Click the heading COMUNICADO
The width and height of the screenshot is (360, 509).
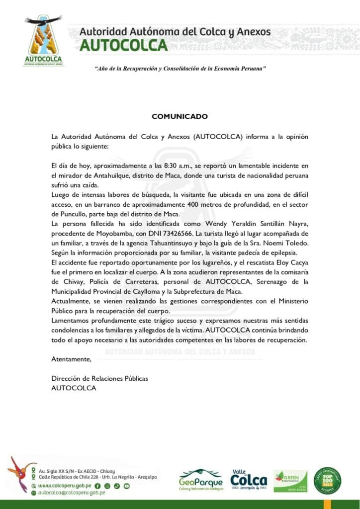pos(180,116)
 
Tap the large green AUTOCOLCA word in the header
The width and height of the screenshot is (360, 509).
pos(123,45)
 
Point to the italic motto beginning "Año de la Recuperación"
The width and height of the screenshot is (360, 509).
pos(180,67)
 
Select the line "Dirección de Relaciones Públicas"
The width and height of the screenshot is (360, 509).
pos(100,379)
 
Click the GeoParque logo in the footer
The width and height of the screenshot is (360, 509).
pos(201,480)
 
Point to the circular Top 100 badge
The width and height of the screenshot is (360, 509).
pos(327,481)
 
